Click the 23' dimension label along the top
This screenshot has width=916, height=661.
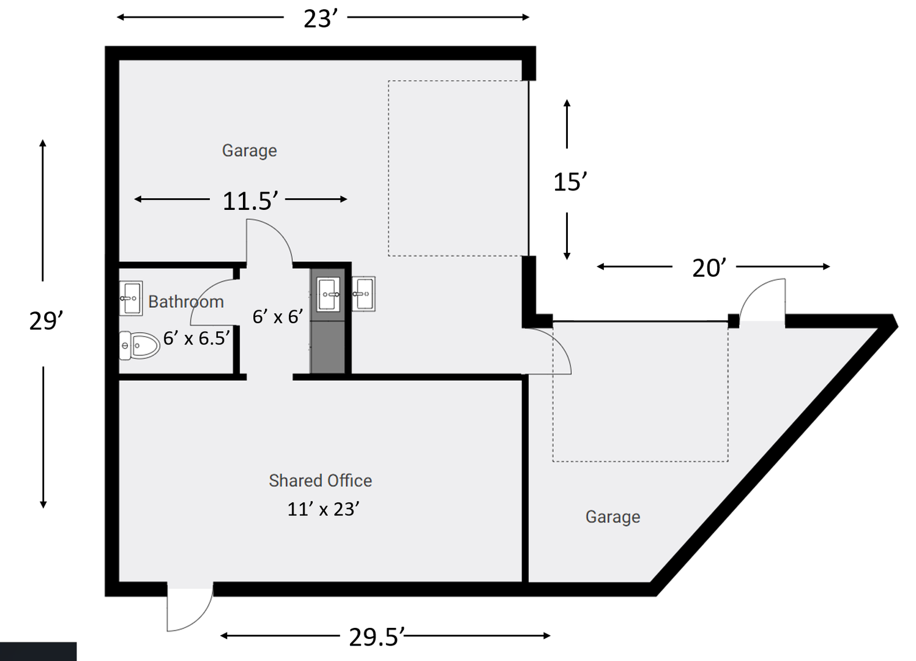(321, 19)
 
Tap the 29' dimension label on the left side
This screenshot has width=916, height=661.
(47, 321)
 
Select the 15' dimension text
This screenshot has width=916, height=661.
(570, 182)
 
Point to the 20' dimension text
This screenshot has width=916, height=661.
(710, 269)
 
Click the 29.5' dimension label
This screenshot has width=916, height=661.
(377, 638)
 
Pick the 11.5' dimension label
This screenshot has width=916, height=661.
(250, 201)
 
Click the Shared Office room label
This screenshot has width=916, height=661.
(320, 481)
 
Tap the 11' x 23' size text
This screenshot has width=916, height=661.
(324, 510)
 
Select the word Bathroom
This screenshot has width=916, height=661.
(186, 302)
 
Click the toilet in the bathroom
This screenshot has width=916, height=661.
(140, 346)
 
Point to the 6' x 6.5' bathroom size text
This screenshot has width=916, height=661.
(196, 338)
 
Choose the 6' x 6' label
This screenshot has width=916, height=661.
(278, 317)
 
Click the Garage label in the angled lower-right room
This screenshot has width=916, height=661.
(613, 517)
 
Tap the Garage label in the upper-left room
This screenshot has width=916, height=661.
(250, 151)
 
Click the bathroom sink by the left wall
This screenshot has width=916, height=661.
(131, 298)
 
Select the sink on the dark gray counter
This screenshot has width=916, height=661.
(329, 294)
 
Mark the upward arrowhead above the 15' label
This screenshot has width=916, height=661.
(567, 103)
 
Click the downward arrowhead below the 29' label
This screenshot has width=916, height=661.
(43, 505)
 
